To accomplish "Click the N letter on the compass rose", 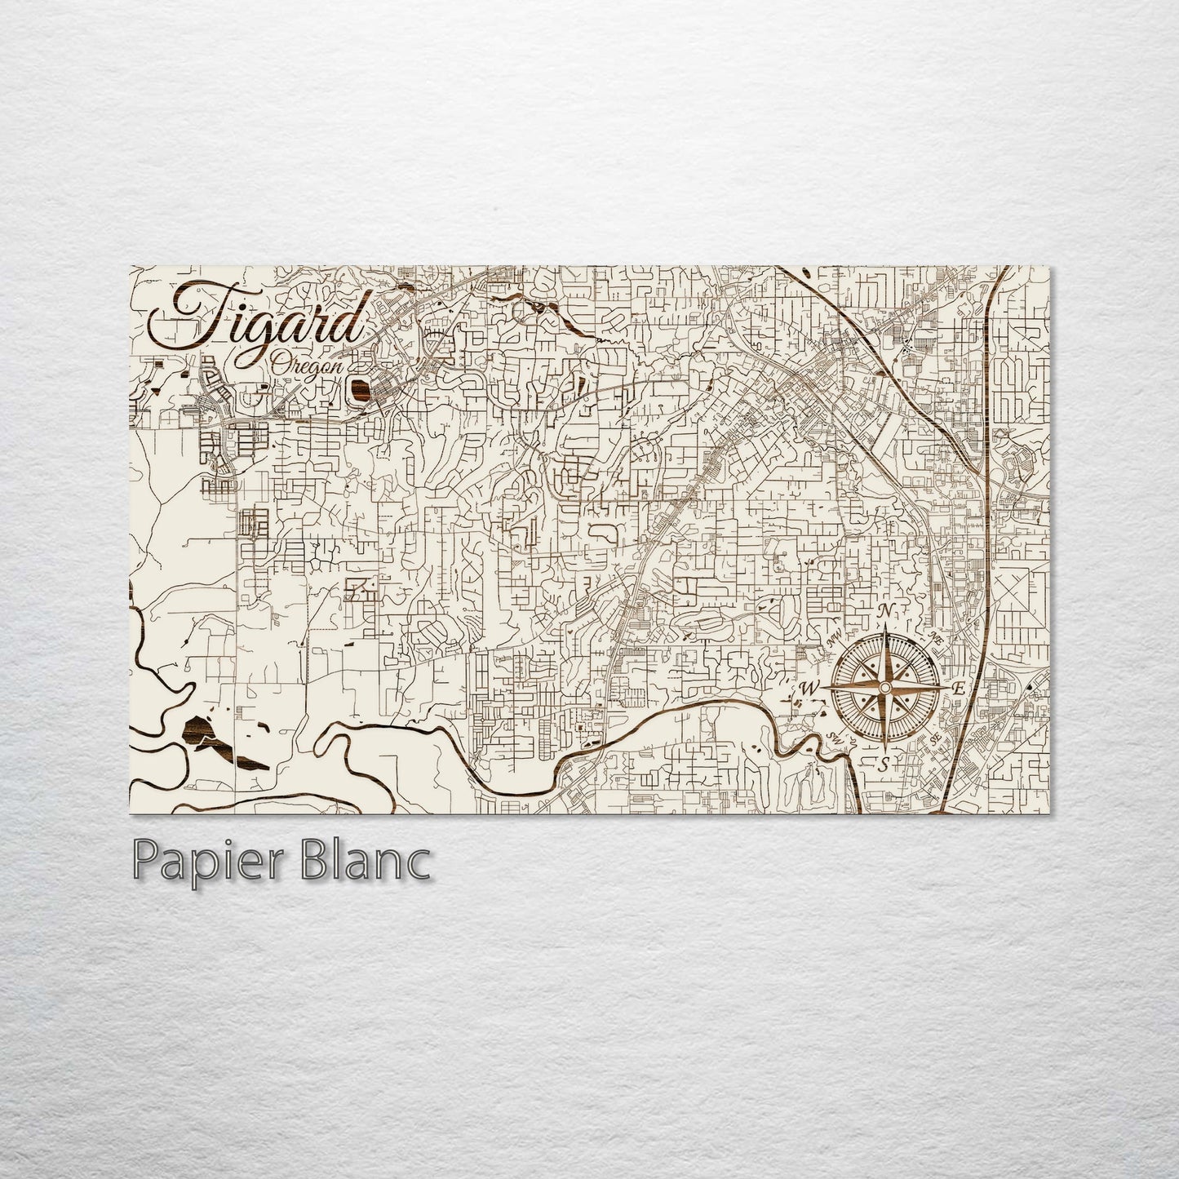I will click(x=884, y=614).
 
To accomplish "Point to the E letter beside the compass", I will click(x=959, y=689).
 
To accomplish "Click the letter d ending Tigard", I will click(x=349, y=320).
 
